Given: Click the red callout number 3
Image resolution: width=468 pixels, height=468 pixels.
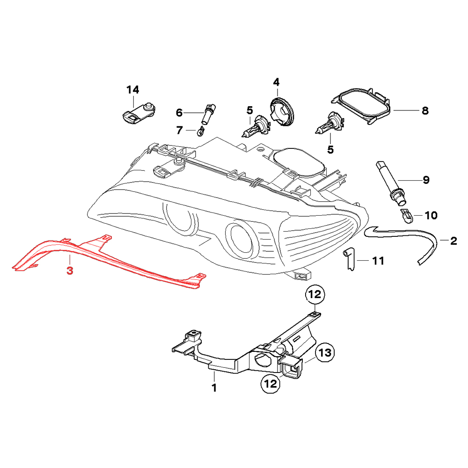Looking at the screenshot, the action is [x=70, y=271].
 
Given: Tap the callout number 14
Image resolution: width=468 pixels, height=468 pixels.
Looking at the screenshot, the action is [x=133, y=89].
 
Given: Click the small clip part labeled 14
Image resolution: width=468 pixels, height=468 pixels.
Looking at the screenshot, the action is [x=139, y=113].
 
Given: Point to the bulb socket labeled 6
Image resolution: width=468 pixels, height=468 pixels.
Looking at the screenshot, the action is [x=208, y=114].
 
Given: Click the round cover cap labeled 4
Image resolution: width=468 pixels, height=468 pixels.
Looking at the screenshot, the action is [x=282, y=111].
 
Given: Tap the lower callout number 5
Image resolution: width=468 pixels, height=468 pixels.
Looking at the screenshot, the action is [x=330, y=150].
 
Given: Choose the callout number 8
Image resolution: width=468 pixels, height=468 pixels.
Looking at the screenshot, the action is [x=425, y=111].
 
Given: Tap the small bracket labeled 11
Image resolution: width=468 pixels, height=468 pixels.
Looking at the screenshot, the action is [x=349, y=259].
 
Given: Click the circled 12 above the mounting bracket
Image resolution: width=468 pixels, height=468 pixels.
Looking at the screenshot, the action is [x=315, y=294].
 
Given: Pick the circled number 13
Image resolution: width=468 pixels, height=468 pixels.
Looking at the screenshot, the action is [x=325, y=352].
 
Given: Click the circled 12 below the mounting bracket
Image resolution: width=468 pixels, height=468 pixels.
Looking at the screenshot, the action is [x=271, y=384].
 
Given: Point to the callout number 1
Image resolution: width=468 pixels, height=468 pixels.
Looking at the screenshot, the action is [x=214, y=388].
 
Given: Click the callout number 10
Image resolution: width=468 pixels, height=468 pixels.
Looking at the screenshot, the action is [x=431, y=215].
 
